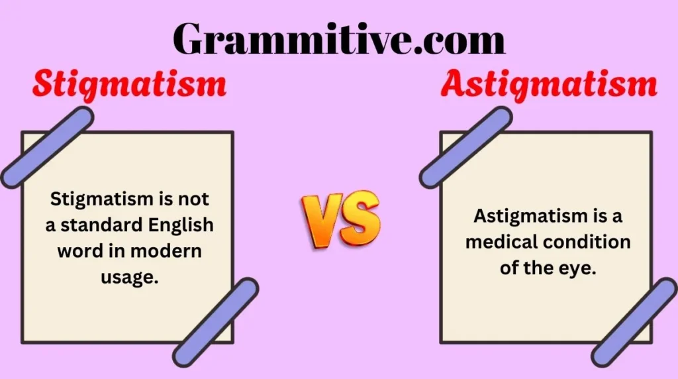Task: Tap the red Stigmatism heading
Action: coord(129,85)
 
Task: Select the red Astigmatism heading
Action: coord(549,85)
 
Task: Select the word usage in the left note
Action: coord(129,278)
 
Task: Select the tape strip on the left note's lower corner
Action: coord(216,322)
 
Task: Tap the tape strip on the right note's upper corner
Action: coord(465,147)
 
